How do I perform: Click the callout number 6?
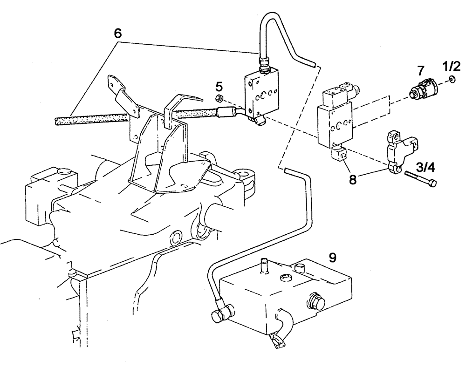pos(117,33)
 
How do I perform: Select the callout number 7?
pos(420,71)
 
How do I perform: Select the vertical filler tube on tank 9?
pos(264,266)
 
